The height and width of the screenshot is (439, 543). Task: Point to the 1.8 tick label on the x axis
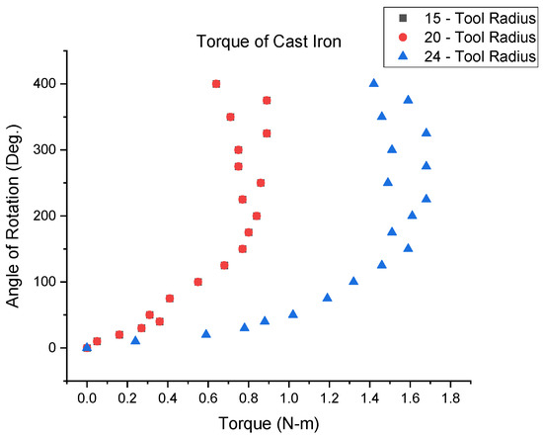click(x=451, y=398)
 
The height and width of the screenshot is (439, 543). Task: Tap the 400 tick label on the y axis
click(x=41, y=84)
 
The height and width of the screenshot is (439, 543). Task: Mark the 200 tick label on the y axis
click(x=41, y=216)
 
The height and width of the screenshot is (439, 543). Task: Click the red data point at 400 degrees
click(x=216, y=84)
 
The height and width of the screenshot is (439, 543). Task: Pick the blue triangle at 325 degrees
click(x=427, y=132)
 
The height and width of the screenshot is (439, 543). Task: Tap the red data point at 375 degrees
click(x=267, y=100)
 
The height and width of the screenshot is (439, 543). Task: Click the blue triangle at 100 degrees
click(x=353, y=281)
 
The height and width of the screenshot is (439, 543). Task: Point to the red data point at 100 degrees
click(x=197, y=282)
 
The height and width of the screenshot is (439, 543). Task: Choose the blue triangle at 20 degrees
click(x=206, y=334)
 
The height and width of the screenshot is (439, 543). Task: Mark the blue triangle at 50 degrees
click(x=293, y=314)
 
